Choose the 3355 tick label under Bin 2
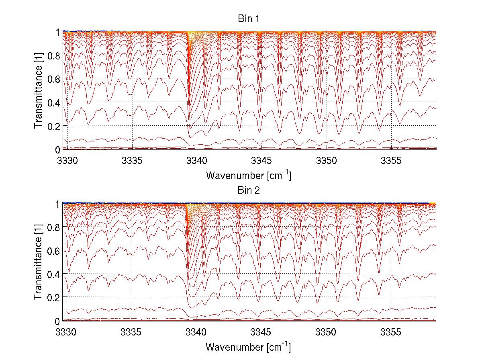pyautogui.click(x=391, y=332)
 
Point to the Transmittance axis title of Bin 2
pyautogui.click(x=39, y=262)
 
